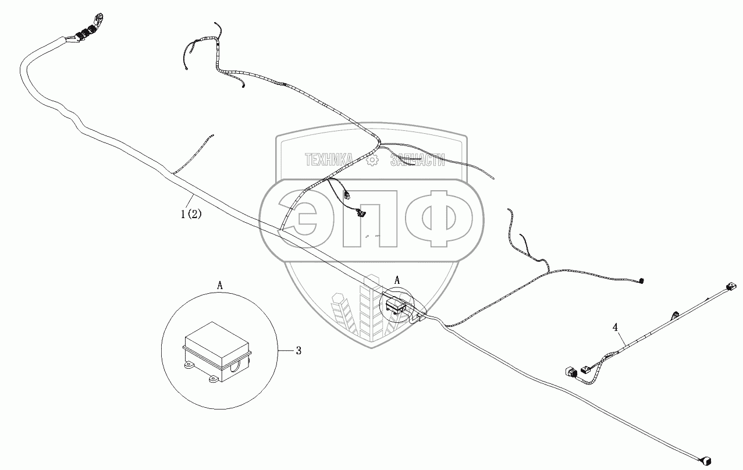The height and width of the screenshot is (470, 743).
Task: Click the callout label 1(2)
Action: pos(191,214)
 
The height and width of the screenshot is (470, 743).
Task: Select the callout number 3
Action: pos(298,350)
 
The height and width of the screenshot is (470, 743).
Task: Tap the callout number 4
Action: pos(616,327)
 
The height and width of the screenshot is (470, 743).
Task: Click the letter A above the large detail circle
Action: pos(220,285)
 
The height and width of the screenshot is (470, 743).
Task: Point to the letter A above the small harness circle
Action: pos(397,280)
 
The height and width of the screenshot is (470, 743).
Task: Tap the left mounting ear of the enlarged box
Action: pos(189,366)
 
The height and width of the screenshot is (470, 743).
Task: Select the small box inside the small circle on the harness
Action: pos(396,305)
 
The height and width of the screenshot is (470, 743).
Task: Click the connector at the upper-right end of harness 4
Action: pos(730,288)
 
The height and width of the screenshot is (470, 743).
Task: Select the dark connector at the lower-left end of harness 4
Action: pos(569,371)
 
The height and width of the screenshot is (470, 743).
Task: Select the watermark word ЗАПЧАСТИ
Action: pos(418,160)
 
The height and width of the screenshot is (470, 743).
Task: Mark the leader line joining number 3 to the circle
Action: pos(286,350)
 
